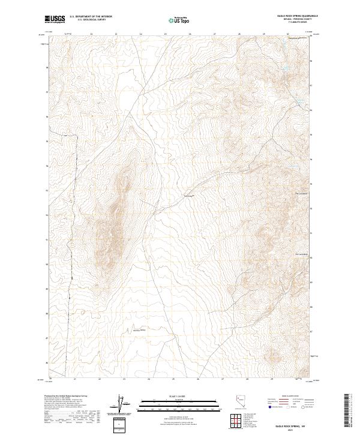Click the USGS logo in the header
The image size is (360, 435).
[55, 19]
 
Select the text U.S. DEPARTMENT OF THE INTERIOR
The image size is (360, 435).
[91, 17]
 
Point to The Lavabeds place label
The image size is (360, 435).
[301, 193]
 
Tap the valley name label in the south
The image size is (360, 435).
[139, 331]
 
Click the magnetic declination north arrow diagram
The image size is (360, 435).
[122, 404]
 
